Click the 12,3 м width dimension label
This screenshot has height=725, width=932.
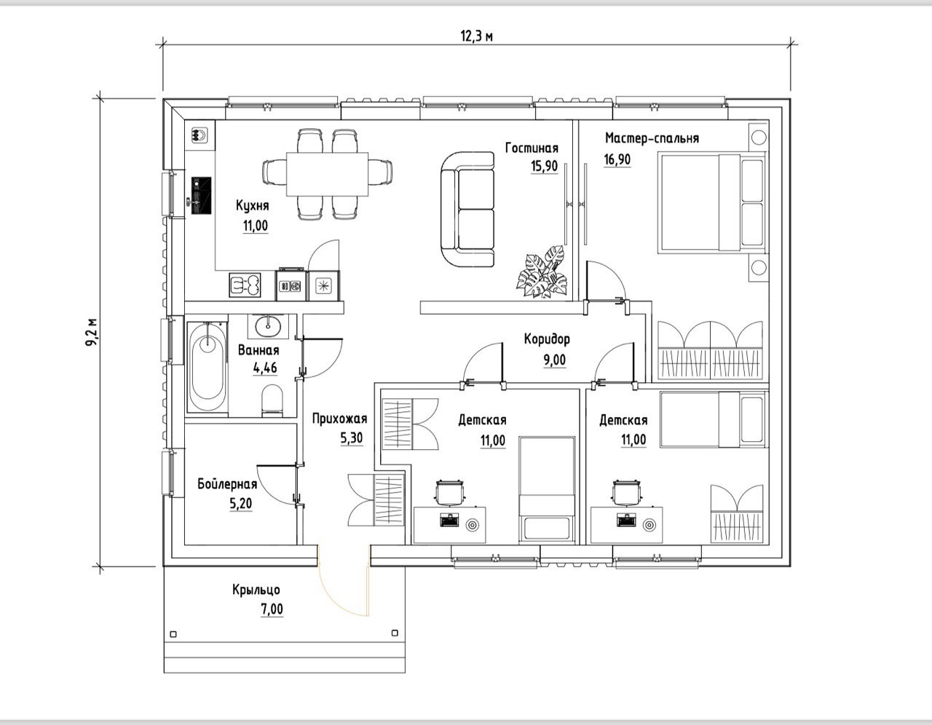click(476, 36)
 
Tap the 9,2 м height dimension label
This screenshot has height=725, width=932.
click(91, 331)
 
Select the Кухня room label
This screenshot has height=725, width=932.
click(253, 205)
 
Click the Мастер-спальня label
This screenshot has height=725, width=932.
click(652, 138)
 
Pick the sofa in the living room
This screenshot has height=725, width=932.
click(467, 209)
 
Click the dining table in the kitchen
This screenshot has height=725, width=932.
click(327, 174)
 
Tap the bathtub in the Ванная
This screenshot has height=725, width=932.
click(208, 367)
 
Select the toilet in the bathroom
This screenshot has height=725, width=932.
click(272, 400)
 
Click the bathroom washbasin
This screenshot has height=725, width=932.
click(269, 327)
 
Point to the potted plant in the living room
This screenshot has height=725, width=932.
click(542, 272)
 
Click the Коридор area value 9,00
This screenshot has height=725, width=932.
click(555, 360)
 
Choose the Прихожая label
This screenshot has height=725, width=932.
click(339, 419)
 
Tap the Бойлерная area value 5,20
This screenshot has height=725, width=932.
click(240, 503)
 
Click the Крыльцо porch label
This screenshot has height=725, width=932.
click(256, 590)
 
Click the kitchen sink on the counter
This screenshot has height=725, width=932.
click(245, 285)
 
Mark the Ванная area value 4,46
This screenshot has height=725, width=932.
click(265, 368)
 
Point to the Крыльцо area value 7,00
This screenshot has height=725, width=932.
click(272, 609)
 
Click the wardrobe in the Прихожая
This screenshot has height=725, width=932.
click(376, 500)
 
